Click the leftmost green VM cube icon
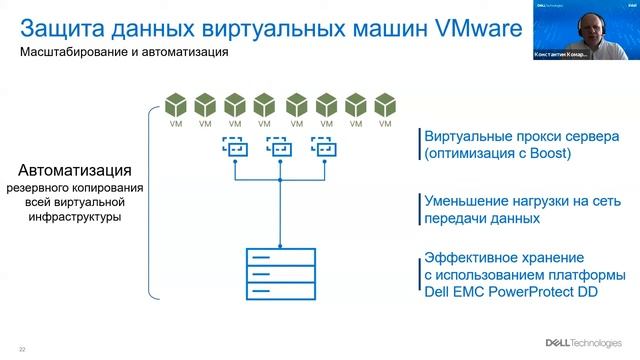point(176,105)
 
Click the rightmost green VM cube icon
point(384,105)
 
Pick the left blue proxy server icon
point(234,147)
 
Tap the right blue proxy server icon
point(322,147)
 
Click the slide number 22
point(22,348)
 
